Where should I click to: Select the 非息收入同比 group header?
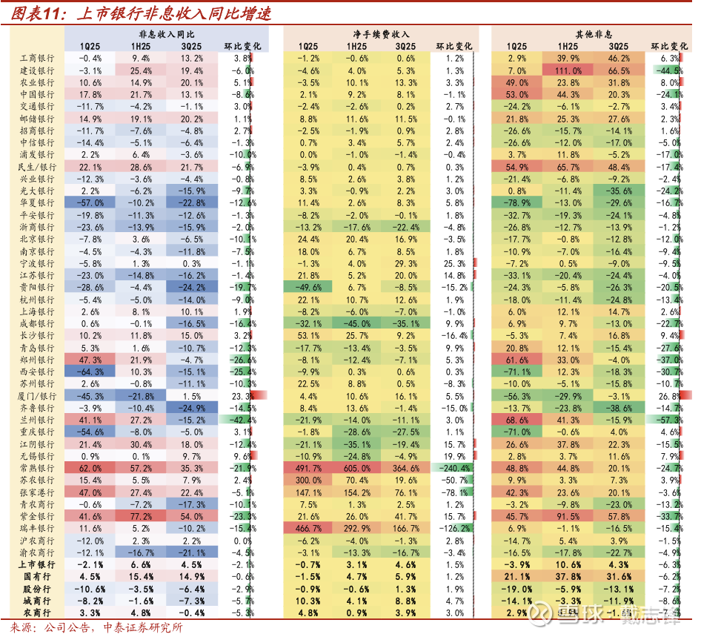pos(167,35)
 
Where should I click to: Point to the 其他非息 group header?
pos(594,35)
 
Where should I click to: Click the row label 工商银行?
pos(36,58)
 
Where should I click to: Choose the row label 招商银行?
pos(36,131)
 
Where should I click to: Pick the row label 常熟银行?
pos(36,469)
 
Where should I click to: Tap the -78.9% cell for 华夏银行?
pos(518,203)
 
